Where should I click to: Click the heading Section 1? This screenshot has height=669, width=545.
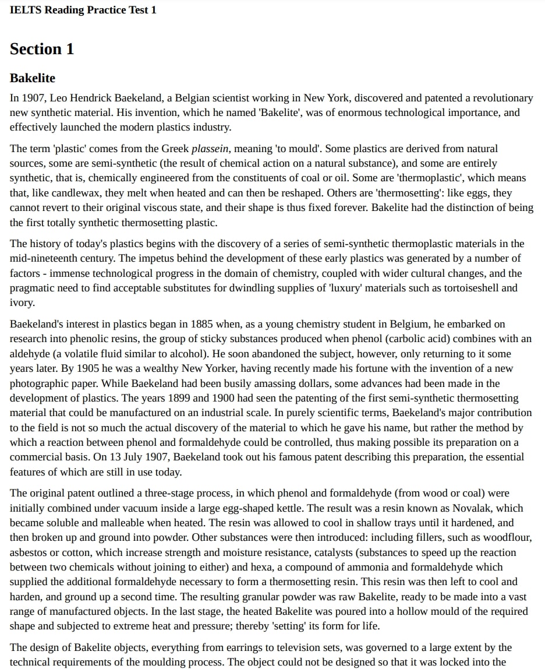(42, 49)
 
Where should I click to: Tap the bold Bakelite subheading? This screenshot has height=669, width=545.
(33, 78)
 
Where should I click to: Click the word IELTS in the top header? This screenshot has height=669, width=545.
(24, 10)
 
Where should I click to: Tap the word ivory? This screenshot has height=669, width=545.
(22, 302)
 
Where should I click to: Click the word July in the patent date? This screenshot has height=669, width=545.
(101, 457)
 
